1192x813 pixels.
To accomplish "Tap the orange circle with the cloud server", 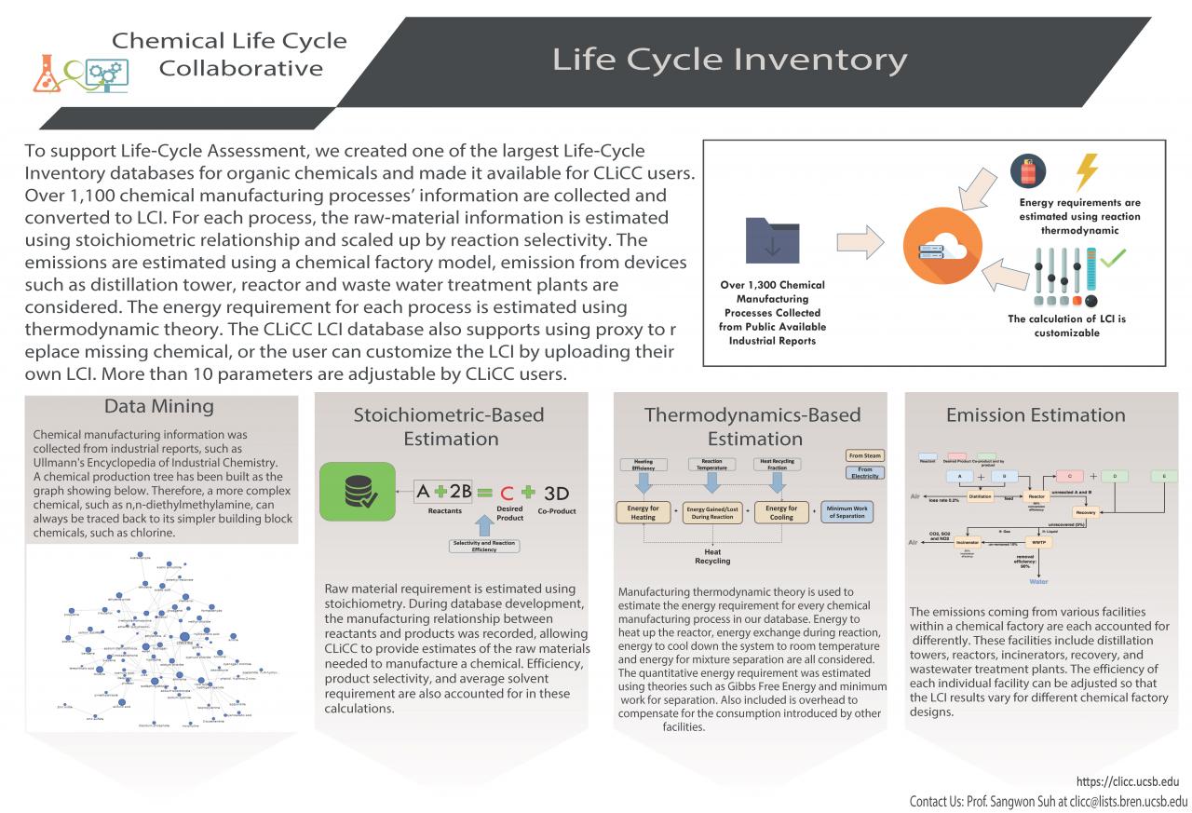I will pos(933,243).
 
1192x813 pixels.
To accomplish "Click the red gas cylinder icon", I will pos(1029,171).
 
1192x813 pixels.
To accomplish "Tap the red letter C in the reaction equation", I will pos(508,493).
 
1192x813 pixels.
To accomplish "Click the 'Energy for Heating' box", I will pos(643,512).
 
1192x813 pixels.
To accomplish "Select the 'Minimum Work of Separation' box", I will pos(847,511).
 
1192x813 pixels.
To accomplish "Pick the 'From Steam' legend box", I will pos(865,455).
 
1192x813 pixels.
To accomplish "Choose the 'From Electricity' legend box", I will pos(865,474).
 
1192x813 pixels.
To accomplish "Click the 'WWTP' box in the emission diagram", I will pos(1038,542).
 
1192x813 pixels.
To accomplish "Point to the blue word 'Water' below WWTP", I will pos(1038,581).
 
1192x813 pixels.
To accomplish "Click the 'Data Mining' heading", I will pos(158,407).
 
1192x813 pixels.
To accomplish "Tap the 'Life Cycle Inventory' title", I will pos(729,59).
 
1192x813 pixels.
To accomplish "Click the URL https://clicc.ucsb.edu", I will pos(1127,781).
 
